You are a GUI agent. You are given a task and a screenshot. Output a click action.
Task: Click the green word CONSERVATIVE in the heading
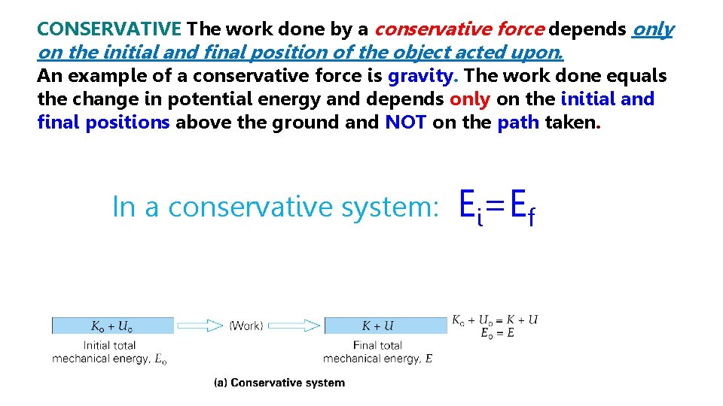click(x=109, y=29)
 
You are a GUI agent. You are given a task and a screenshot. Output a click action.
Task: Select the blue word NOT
click(x=406, y=123)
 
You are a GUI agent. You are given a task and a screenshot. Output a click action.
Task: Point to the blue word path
click(x=518, y=123)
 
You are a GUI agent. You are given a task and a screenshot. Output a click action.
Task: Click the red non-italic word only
click(x=470, y=99)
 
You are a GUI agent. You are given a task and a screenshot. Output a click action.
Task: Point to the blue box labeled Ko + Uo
click(x=112, y=326)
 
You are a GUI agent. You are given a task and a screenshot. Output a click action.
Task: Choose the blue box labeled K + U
click(x=377, y=326)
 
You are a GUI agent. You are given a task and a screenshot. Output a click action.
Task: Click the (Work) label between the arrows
click(x=246, y=326)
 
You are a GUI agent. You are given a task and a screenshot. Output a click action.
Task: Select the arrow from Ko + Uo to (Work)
click(x=200, y=326)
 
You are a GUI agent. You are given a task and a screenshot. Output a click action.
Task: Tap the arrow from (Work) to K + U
click(x=294, y=326)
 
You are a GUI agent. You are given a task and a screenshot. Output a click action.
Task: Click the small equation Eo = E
click(x=497, y=333)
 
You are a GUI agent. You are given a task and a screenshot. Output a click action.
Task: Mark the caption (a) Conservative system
click(x=279, y=383)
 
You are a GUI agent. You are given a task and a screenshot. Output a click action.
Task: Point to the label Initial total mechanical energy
click(x=109, y=352)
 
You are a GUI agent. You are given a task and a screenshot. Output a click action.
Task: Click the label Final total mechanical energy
click(x=377, y=352)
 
